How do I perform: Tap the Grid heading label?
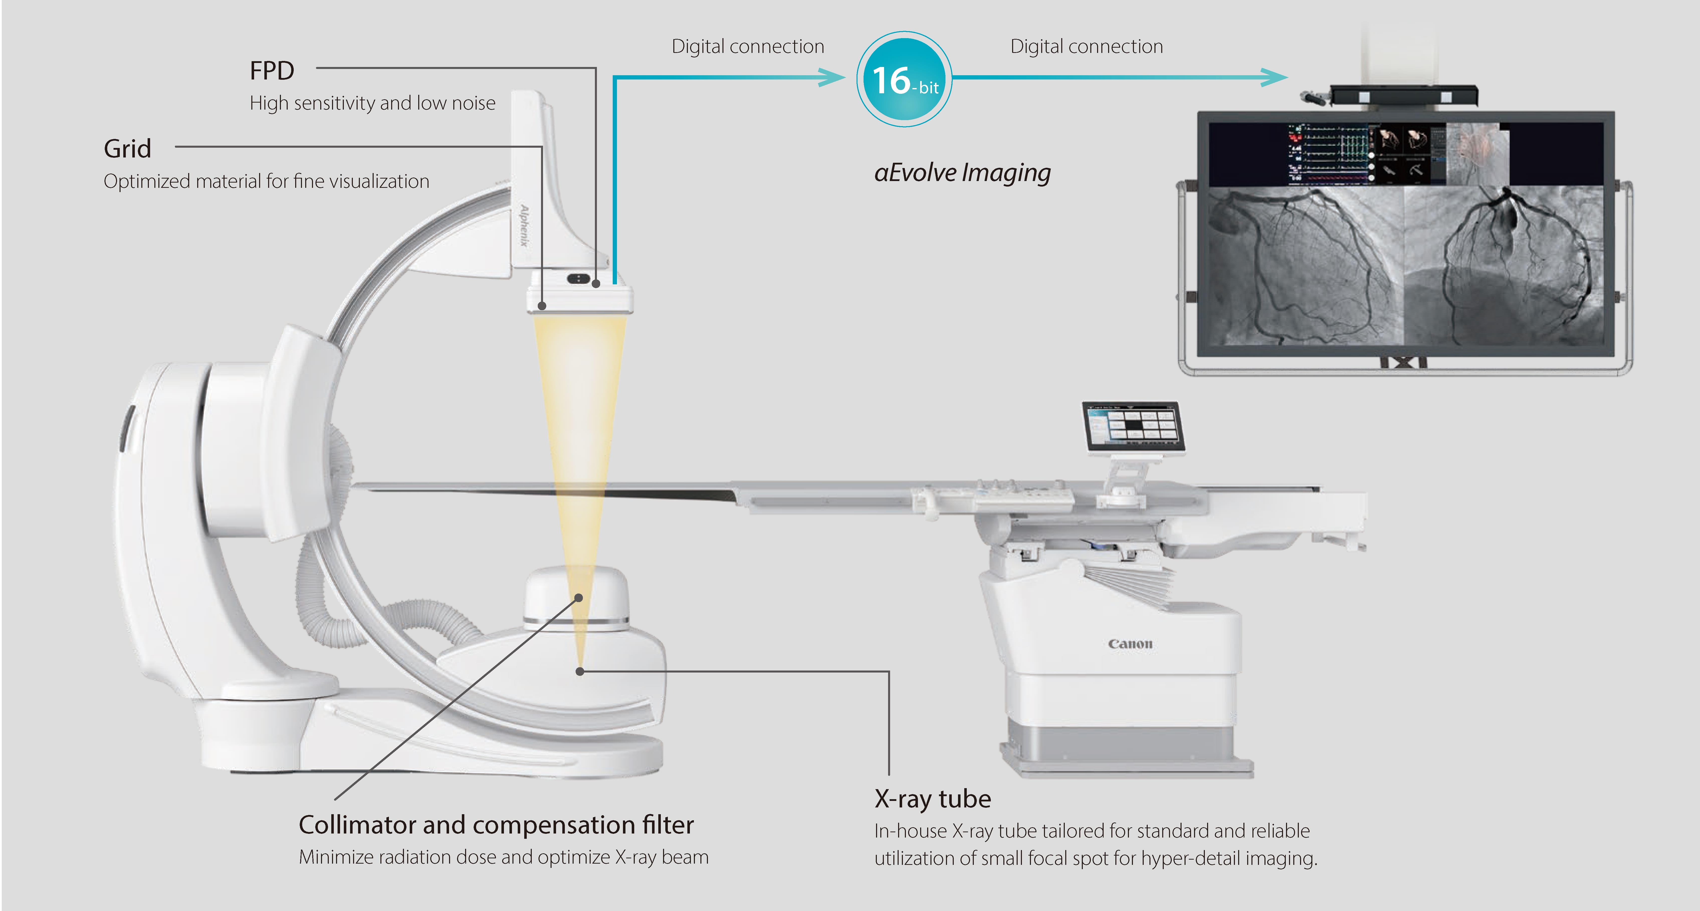point(127,148)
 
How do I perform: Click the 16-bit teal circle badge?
point(904,79)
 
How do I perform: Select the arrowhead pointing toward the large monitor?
point(1274,77)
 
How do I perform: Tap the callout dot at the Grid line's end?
point(542,306)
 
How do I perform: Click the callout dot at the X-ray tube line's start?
point(579,671)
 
